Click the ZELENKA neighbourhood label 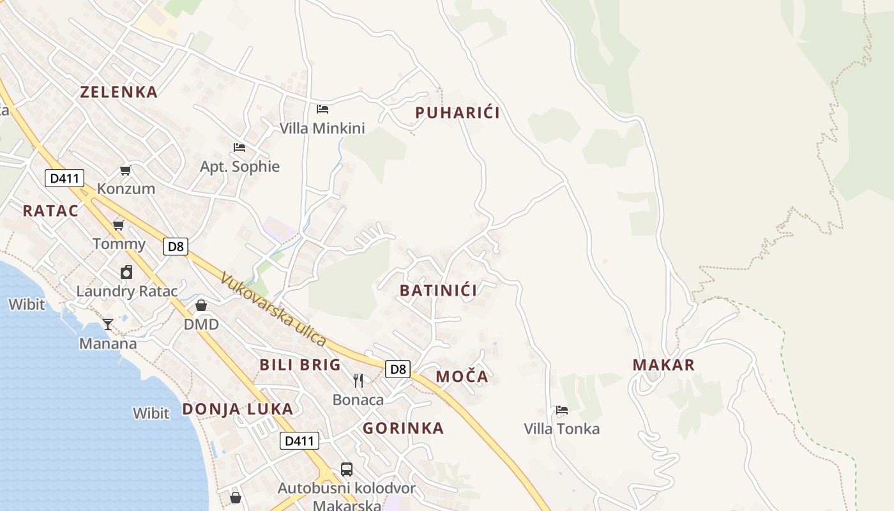(119, 92)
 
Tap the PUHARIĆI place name (457, 113)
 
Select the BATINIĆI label (438, 291)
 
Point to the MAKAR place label (663, 365)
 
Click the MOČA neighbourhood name (462, 377)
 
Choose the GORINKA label (403, 429)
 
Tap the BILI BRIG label (300, 365)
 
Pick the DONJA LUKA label (238, 409)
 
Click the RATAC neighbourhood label (50, 211)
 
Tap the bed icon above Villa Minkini (322, 109)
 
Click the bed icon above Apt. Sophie (239, 148)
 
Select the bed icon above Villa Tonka (562, 409)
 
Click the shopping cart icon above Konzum (126, 170)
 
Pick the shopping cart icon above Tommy (118, 225)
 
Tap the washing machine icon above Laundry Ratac (126, 272)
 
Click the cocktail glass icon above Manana (108, 324)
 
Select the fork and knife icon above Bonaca (358, 381)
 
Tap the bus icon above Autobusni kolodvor (346, 469)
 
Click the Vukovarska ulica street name (273, 310)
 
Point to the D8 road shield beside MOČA (398, 369)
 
